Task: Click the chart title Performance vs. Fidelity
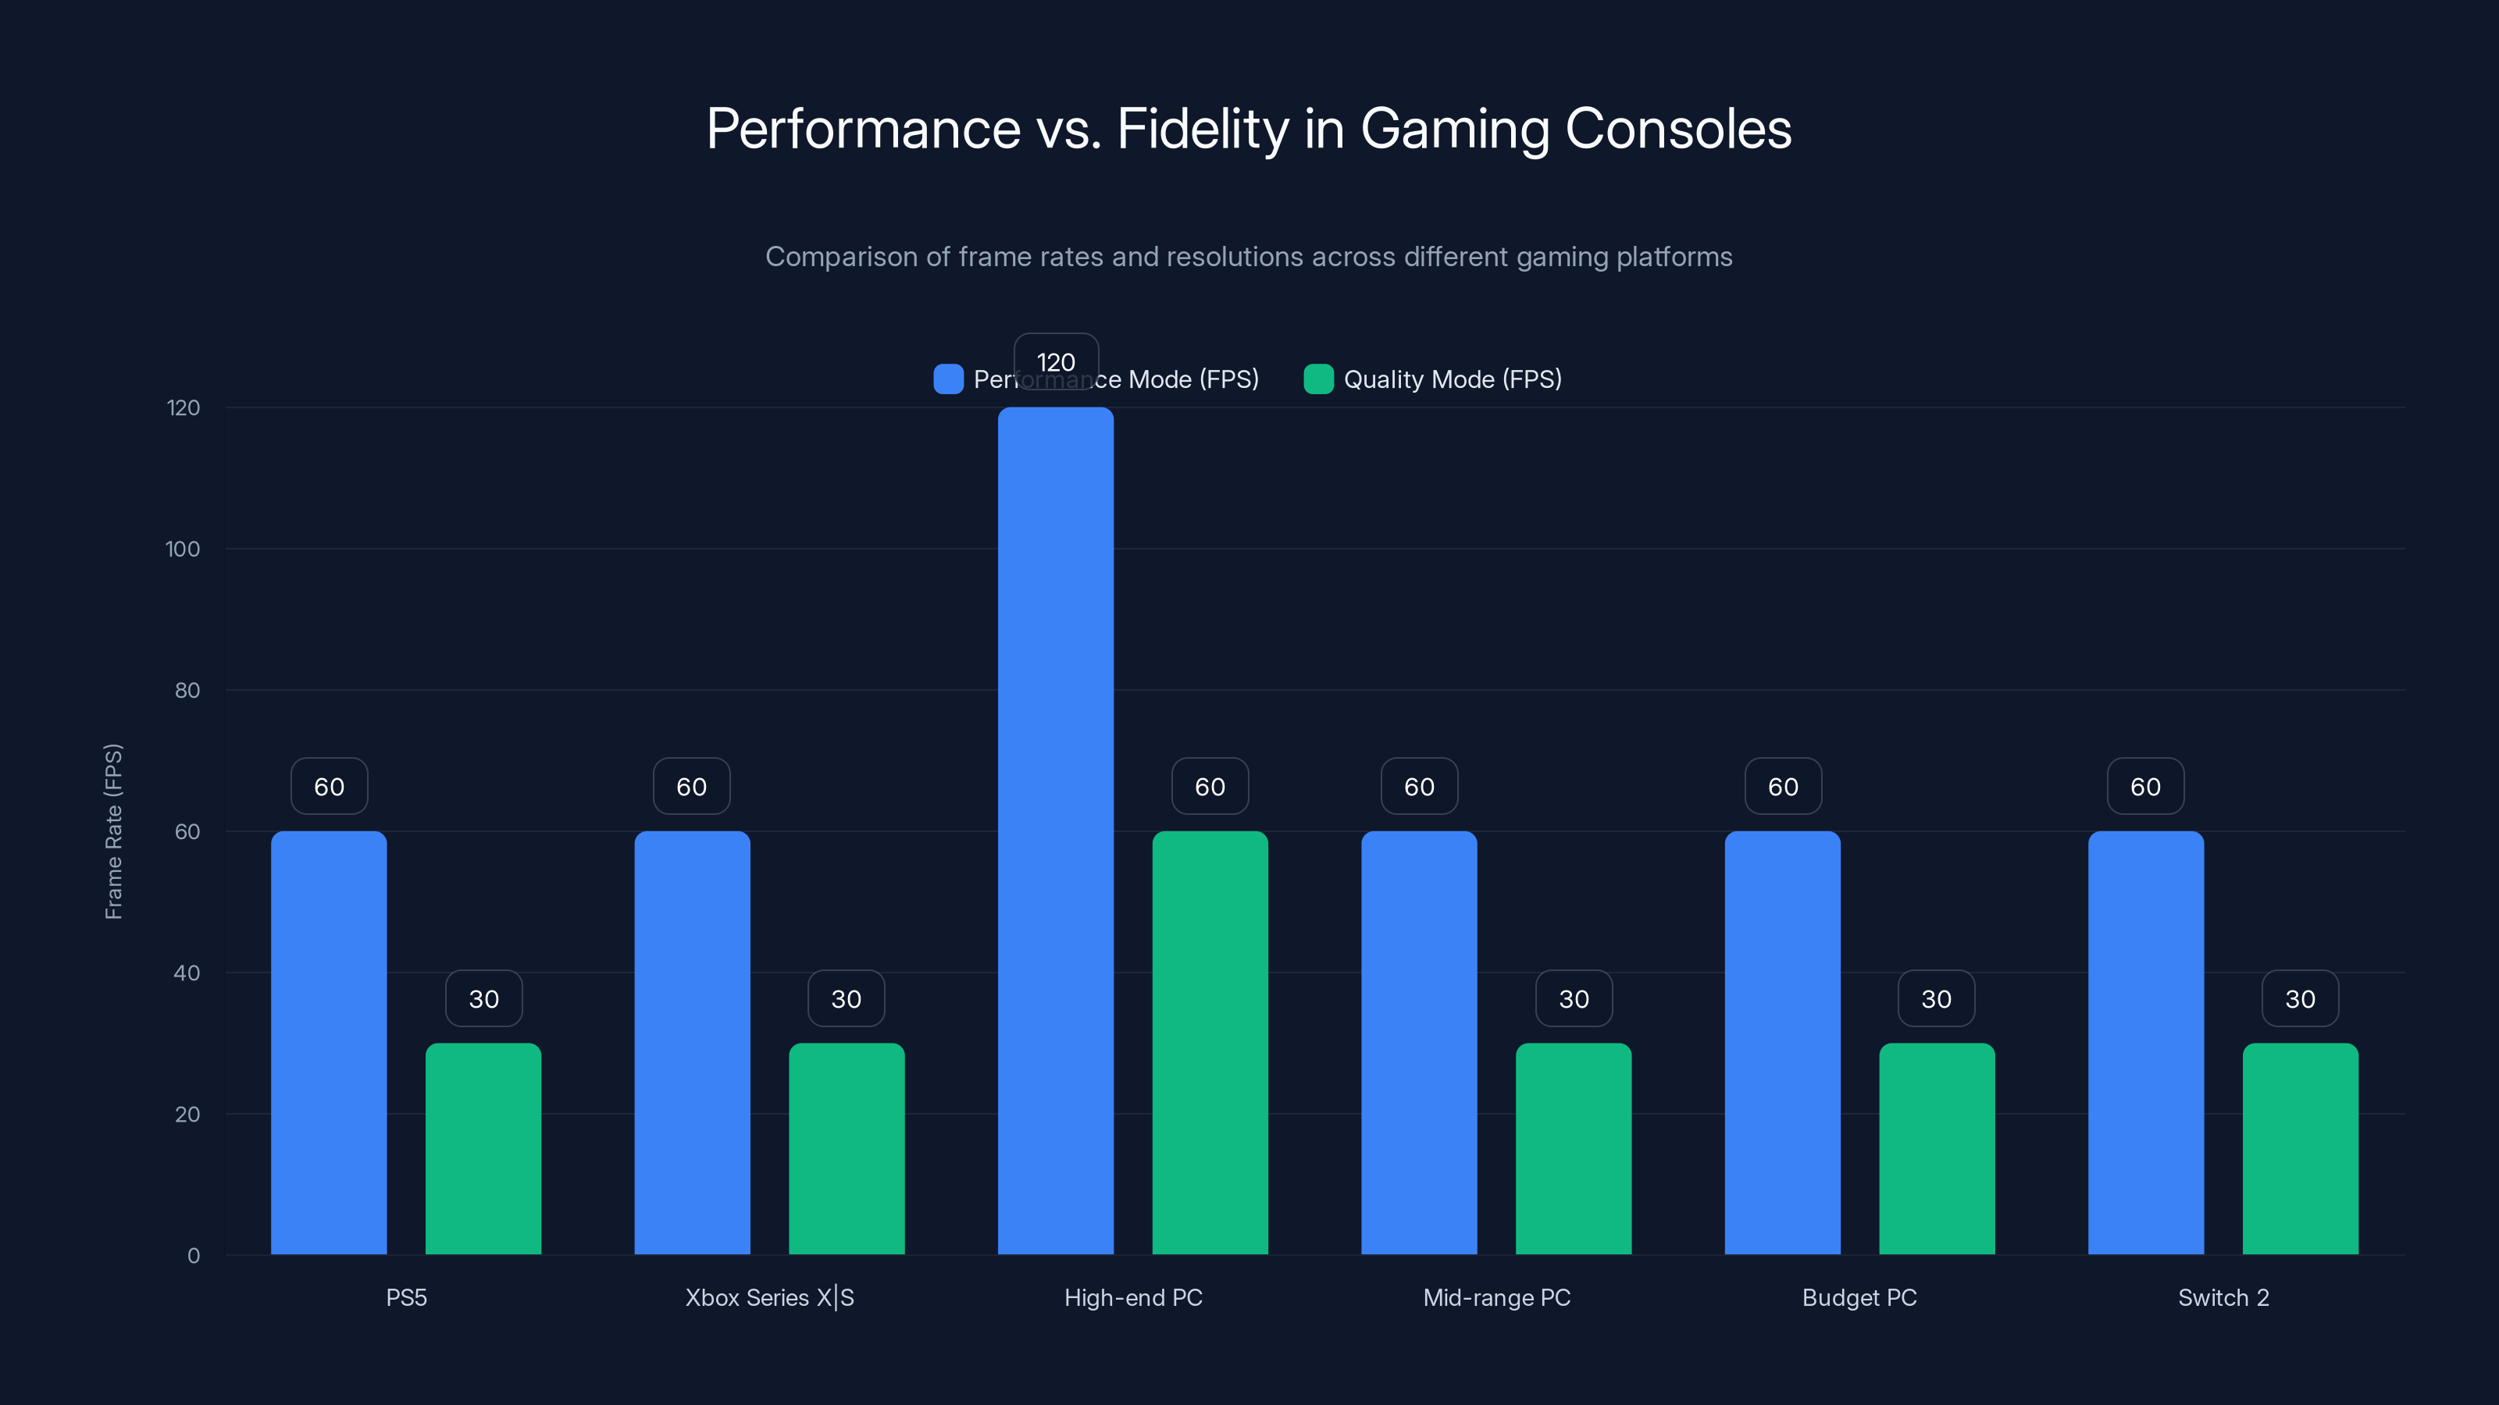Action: pos(1249,129)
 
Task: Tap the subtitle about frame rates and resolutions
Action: pos(1249,257)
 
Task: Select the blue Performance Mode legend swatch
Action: pos(948,379)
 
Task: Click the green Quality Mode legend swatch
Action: pos(1318,379)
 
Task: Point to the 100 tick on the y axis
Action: pos(183,550)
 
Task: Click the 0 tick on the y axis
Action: pos(193,1256)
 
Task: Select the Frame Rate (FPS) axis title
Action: pos(113,831)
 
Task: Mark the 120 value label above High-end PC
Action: pos(1056,361)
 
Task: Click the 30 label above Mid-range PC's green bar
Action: pos(1574,999)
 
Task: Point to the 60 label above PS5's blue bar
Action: pos(329,786)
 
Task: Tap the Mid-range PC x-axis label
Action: pos(1496,1297)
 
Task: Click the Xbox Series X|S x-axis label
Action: pos(769,1297)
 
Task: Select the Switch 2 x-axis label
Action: pos(2223,1297)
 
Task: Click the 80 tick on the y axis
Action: pos(187,690)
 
